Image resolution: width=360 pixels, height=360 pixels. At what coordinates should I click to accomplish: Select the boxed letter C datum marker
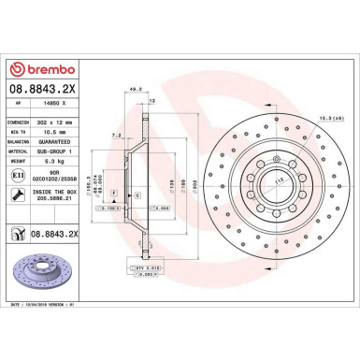tap(137, 194)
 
